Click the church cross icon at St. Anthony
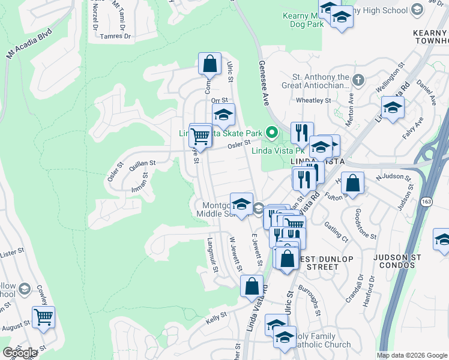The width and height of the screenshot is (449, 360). (x=358, y=79)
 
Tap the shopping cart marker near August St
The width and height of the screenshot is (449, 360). (x=43, y=316)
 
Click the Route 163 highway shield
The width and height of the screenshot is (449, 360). (x=426, y=202)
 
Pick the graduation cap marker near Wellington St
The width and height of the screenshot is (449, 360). (x=393, y=107)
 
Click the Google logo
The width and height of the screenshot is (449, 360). (x=20, y=353)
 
